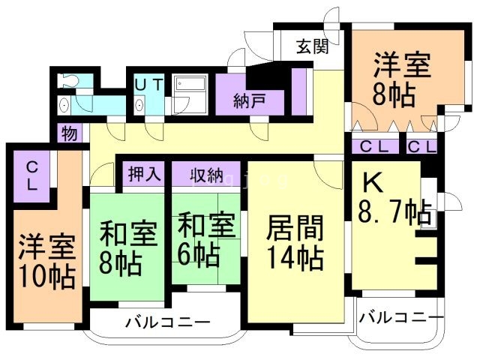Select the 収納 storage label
coord(205,175)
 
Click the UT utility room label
coord(148,85)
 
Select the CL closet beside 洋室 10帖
coord(32,174)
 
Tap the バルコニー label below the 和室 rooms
coord(167,324)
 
